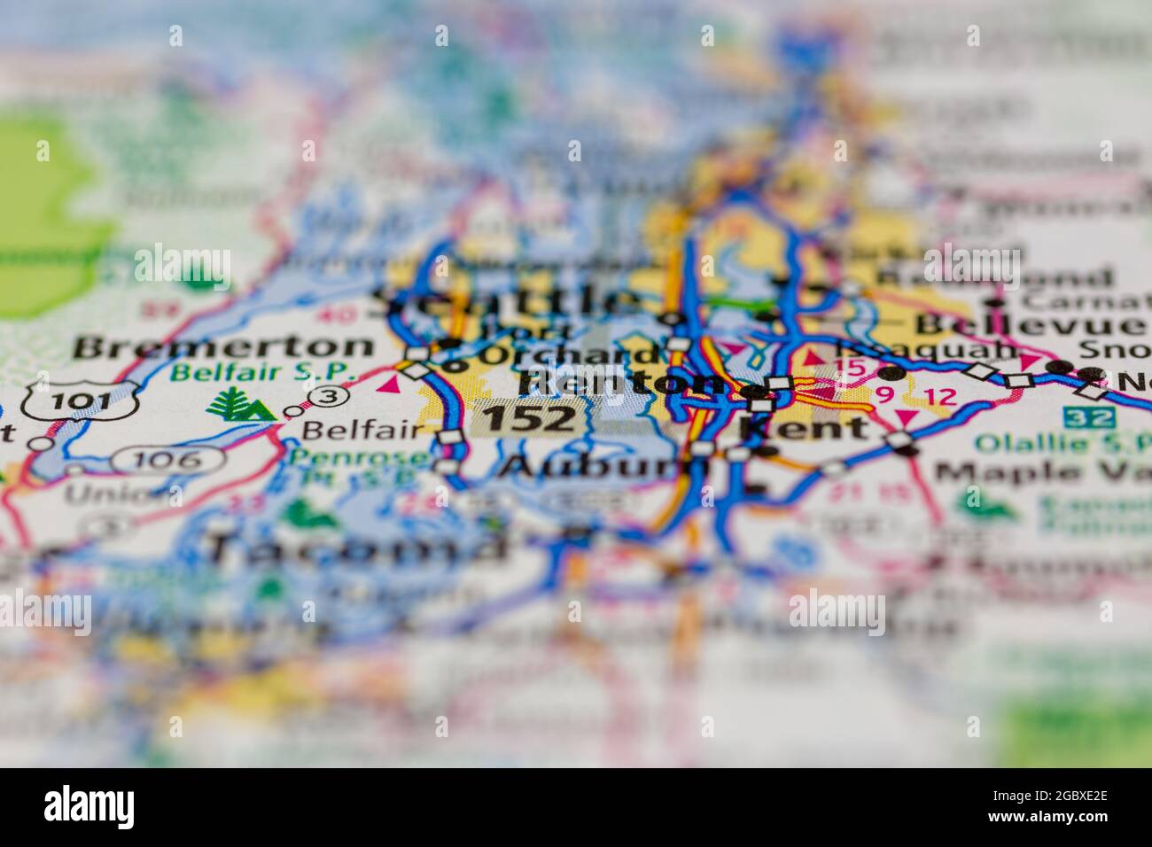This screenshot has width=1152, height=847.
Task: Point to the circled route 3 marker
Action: pos(328,397)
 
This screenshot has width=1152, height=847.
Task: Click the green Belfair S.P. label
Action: pos(264,373)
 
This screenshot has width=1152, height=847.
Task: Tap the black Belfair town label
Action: pos(363,431)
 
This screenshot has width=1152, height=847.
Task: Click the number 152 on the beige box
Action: pos(529,417)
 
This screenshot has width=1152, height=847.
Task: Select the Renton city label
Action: pos(620,382)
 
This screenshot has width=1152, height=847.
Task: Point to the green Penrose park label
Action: pos(335,457)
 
